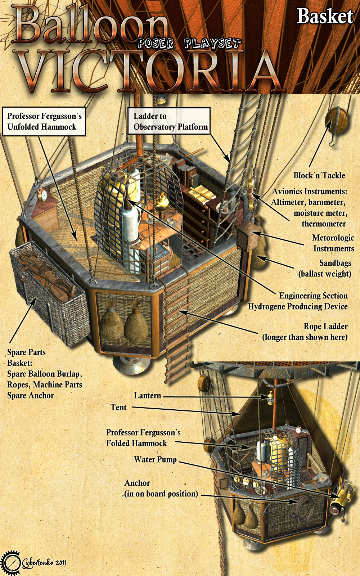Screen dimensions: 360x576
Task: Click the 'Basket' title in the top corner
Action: pyautogui.click(x=325, y=17)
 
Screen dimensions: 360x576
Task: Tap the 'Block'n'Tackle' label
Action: pyautogui.click(x=319, y=175)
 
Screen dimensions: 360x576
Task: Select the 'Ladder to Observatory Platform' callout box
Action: pyautogui.click(x=169, y=121)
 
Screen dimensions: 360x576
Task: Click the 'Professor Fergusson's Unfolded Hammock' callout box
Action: pyautogui.click(x=44, y=121)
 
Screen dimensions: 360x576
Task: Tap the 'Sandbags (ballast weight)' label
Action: pyautogui.click(x=325, y=268)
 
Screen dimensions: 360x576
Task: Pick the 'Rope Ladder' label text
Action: pyautogui.click(x=325, y=326)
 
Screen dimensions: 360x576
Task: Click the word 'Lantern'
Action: pyautogui.click(x=147, y=395)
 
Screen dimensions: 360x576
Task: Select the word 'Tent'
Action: pyautogui.click(x=118, y=407)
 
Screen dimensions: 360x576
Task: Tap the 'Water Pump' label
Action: pyautogui.click(x=155, y=459)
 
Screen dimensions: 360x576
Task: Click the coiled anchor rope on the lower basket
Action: pyautogui.click(x=304, y=502)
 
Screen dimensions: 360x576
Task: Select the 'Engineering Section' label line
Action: pyautogui.click(x=314, y=296)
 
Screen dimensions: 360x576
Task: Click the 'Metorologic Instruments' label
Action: pyautogui.click(x=333, y=243)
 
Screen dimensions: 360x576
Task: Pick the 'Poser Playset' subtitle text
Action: pyautogui.click(x=189, y=44)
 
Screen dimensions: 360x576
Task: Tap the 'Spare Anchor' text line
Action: pyautogui.click(x=31, y=395)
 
